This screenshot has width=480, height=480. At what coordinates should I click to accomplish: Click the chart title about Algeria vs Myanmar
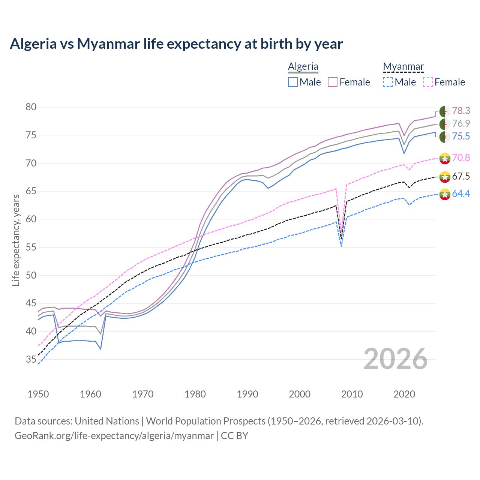pyautogui.click(x=176, y=44)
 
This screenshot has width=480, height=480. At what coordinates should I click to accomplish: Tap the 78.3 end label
pyautogui.click(x=461, y=111)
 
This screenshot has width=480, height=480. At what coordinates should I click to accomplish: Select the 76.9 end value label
pyautogui.click(x=461, y=123)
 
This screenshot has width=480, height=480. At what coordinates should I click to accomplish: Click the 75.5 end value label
pyautogui.click(x=461, y=136)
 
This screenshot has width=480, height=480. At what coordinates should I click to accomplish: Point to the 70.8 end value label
pyautogui.click(x=461, y=157)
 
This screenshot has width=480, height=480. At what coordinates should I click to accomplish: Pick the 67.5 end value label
pyautogui.click(x=461, y=176)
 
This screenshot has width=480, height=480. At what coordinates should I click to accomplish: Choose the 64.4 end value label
pyautogui.click(x=461, y=193)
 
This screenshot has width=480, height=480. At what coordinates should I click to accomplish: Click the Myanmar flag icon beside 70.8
pyautogui.click(x=445, y=158)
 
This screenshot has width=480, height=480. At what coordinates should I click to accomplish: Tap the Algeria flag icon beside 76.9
pyautogui.click(x=445, y=124)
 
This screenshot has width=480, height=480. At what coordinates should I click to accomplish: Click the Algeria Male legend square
pyautogui.click(x=293, y=82)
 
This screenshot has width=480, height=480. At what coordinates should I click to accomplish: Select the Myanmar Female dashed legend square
pyautogui.click(x=428, y=82)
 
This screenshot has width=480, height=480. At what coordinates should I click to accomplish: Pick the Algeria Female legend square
pyautogui.click(x=333, y=82)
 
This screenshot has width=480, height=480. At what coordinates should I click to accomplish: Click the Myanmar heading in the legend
pyautogui.click(x=403, y=67)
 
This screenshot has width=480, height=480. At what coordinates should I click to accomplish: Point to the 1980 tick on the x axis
pyautogui.click(x=195, y=394)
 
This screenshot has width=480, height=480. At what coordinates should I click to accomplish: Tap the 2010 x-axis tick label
pyautogui.click(x=352, y=394)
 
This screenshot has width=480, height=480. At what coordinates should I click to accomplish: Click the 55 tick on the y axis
pyautogui.click(x=31, y=247)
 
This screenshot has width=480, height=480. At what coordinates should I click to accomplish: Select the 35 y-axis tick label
pyautogui.click(x=31, y=359)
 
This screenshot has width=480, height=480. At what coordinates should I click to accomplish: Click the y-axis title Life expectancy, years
pyautogui.click(x=16, y=240)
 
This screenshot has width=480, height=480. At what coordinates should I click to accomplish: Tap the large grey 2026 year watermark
pyautogui.click(x=395, y=359)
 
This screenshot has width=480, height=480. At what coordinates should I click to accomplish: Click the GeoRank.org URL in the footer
pyautogui.click(x=114, y=436)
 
